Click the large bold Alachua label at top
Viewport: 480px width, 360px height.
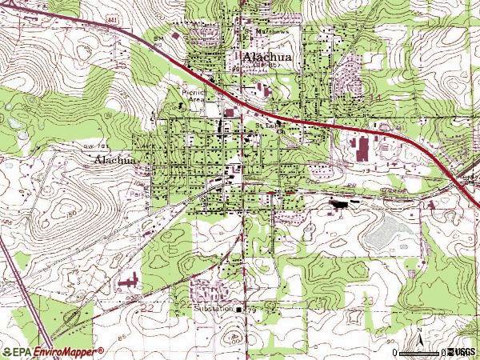point(259,58)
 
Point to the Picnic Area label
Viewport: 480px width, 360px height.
point(194,95)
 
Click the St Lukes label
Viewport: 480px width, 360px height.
point(268,126)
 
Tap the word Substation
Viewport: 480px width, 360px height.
point(213,308)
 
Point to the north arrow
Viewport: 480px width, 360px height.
point(419,337)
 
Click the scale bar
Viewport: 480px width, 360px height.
point(420,352)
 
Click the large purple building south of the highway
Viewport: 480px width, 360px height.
point(361,149)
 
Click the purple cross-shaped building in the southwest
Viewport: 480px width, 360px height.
point(127,281)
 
